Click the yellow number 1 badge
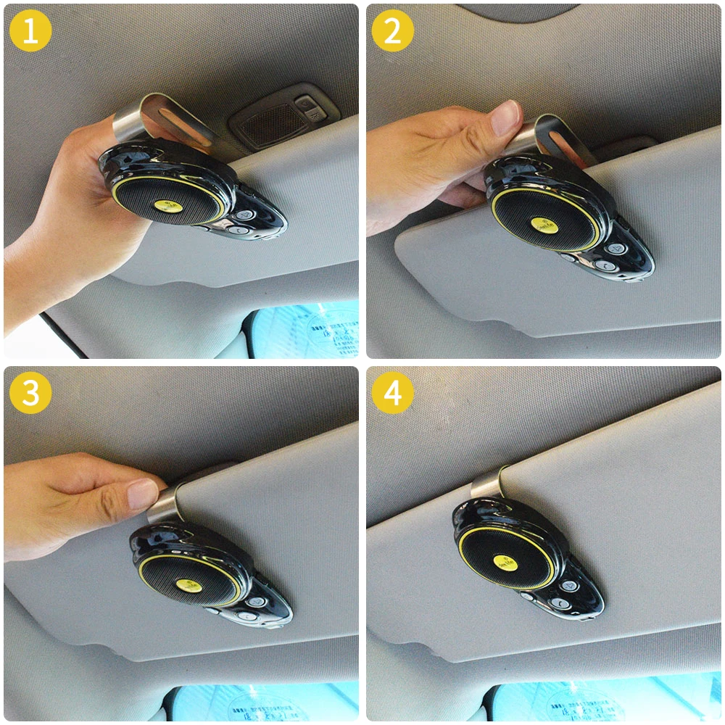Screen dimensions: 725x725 tap(30, 31)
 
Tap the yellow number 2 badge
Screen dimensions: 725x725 tap(393, 31)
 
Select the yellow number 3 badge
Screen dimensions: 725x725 tap(30, 393)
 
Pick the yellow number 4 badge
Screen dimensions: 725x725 tap(393, 393)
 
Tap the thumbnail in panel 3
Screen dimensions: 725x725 tap(143, 494)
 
